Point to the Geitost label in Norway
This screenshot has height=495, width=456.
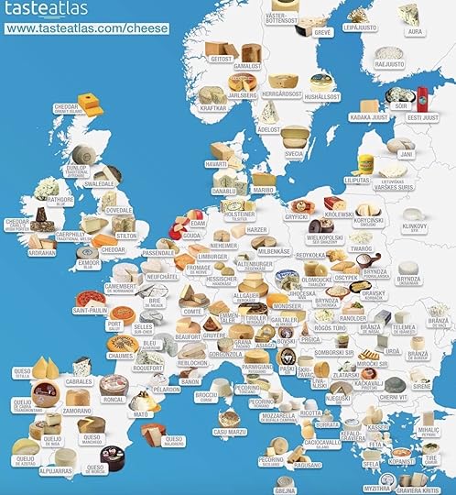222,58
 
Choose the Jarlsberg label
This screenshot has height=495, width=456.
243,94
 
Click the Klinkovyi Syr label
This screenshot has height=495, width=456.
414,225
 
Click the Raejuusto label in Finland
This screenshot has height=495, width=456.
389,65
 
